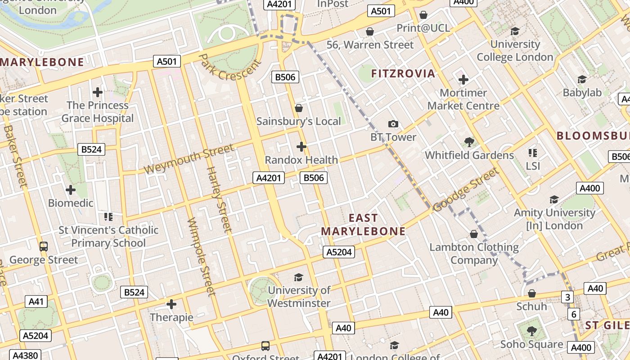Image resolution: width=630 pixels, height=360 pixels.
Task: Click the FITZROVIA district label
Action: (403, 73)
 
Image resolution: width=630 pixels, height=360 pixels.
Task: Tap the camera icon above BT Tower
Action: (393, 124)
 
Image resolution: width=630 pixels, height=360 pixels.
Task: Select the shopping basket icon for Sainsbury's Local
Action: (298, 108)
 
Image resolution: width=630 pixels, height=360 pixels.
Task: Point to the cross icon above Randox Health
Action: (301, 147)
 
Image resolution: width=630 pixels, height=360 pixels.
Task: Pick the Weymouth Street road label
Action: (189, 159)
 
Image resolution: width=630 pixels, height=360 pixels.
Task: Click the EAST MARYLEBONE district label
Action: (363, 225)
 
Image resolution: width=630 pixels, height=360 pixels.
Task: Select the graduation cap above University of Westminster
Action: (298, 277)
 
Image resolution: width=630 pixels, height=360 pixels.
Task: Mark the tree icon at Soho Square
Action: (531, 332)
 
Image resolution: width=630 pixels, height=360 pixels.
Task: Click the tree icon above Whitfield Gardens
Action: (469, 142)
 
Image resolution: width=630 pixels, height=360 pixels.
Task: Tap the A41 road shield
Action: (36, 301)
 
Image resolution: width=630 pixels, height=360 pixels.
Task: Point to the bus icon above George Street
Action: (43, 247)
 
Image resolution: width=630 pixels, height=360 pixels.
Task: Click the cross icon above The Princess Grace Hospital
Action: (97, 93)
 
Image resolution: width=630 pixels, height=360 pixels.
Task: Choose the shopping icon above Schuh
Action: (531, 293)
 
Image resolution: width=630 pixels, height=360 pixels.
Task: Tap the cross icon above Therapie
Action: (171, 305)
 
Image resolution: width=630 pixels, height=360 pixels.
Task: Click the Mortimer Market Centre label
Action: (463, 99)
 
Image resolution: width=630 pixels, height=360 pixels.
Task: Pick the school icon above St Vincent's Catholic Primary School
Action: (108, 217)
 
